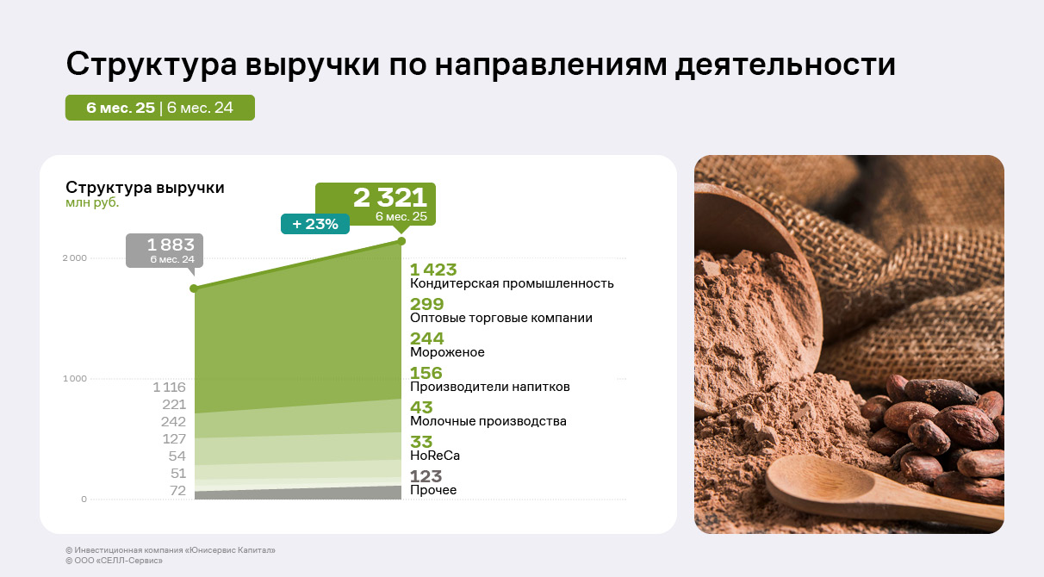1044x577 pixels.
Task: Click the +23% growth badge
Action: coord(315,224)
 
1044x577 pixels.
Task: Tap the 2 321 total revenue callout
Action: coord(376,204)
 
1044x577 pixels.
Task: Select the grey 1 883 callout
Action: coord(165,251)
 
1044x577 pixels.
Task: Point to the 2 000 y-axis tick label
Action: coord(75,258)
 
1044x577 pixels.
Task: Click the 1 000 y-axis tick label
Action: coord(75,378)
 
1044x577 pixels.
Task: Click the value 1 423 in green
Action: coord(433,270)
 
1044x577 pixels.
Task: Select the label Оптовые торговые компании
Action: coord(501,318)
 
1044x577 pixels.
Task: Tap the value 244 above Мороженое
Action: coord(427,338)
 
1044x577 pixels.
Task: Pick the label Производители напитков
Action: coord(490,387)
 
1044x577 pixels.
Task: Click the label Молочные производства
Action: coord(488,421)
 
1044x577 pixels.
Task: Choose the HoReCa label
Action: coord(435,456)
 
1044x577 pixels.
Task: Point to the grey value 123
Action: coord(426,476)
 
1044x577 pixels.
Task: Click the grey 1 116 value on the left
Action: coord(169,388)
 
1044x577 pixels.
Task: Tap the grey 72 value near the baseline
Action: coord(177,491)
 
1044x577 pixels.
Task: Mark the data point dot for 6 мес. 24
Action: coord(194,288)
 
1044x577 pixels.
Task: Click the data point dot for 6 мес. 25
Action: coord(401,241)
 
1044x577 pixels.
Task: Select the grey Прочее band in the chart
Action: coord(298,493)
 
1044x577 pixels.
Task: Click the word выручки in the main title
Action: coord(313,65)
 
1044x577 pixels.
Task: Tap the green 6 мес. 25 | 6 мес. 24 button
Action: coord(160,108)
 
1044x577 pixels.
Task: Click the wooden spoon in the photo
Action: coord(881,489)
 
